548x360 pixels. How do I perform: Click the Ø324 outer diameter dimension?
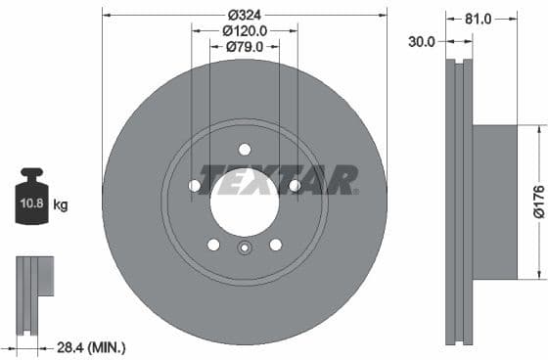(x=244, y=15)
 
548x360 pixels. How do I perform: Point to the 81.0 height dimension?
(x=479, y=18)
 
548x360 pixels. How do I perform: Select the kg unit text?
(x=61, y=205)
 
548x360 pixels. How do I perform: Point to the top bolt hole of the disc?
(x=245, y=149)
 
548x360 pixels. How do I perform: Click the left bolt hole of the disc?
(x=195, y=186)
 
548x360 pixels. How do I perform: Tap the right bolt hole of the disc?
(x=295, y=186)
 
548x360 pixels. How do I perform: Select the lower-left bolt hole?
(x=213, y=245)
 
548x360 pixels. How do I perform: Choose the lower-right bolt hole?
(x=275, y=245)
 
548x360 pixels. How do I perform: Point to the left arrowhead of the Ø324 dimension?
(x=107, y=15)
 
